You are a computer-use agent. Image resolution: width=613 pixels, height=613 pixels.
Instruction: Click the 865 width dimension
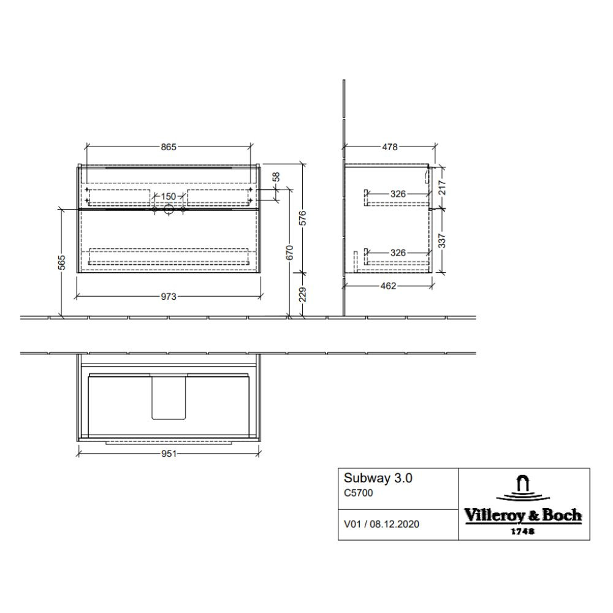tap(169, 147)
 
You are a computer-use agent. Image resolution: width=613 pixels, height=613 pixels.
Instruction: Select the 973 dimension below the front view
tap(169, 297)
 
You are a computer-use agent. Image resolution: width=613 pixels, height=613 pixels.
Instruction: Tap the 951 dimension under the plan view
tap(169, 454)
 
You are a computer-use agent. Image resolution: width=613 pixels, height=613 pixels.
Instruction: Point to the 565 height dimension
tap(61, 262)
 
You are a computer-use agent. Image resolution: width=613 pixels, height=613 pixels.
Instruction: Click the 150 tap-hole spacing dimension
tap(169, 196)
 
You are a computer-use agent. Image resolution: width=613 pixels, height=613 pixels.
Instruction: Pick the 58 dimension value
tap(276, 177)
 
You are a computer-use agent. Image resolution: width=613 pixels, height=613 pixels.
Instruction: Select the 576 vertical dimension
tap(303, 218)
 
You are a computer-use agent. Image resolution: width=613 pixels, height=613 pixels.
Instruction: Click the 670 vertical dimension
tap(290, 253)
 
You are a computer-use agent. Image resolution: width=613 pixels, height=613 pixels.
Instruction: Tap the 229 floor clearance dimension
tap(303, 294)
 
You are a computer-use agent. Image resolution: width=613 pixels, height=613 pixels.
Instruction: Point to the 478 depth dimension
tap(390, 147)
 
